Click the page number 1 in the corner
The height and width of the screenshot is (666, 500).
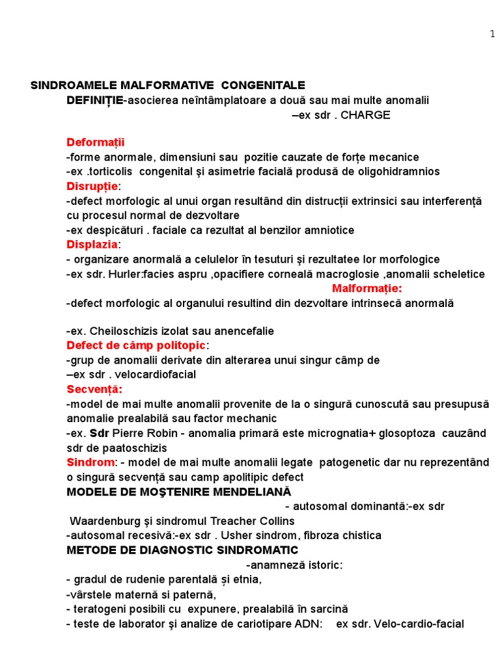click(492, 34)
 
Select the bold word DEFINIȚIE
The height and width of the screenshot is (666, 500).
click(94, 100)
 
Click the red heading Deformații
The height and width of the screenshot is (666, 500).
click(95, 142)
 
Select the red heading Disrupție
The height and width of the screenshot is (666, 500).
click(92, 187)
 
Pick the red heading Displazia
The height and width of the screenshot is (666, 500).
click(92, 245)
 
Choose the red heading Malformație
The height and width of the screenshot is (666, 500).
click(367, 288)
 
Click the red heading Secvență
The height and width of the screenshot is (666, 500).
click(94, 389)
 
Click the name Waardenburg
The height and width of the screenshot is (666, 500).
click(109, 521)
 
